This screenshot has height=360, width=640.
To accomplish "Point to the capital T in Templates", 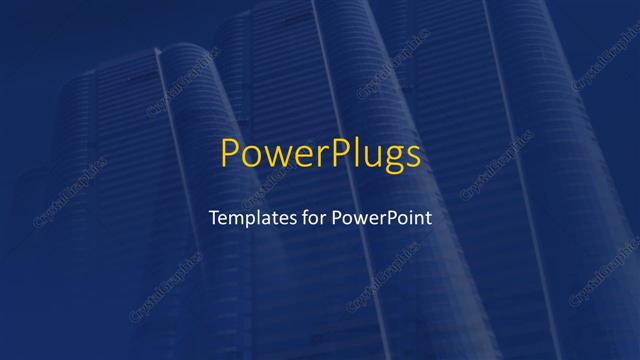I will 212,216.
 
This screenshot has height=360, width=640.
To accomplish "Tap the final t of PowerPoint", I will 429,217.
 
